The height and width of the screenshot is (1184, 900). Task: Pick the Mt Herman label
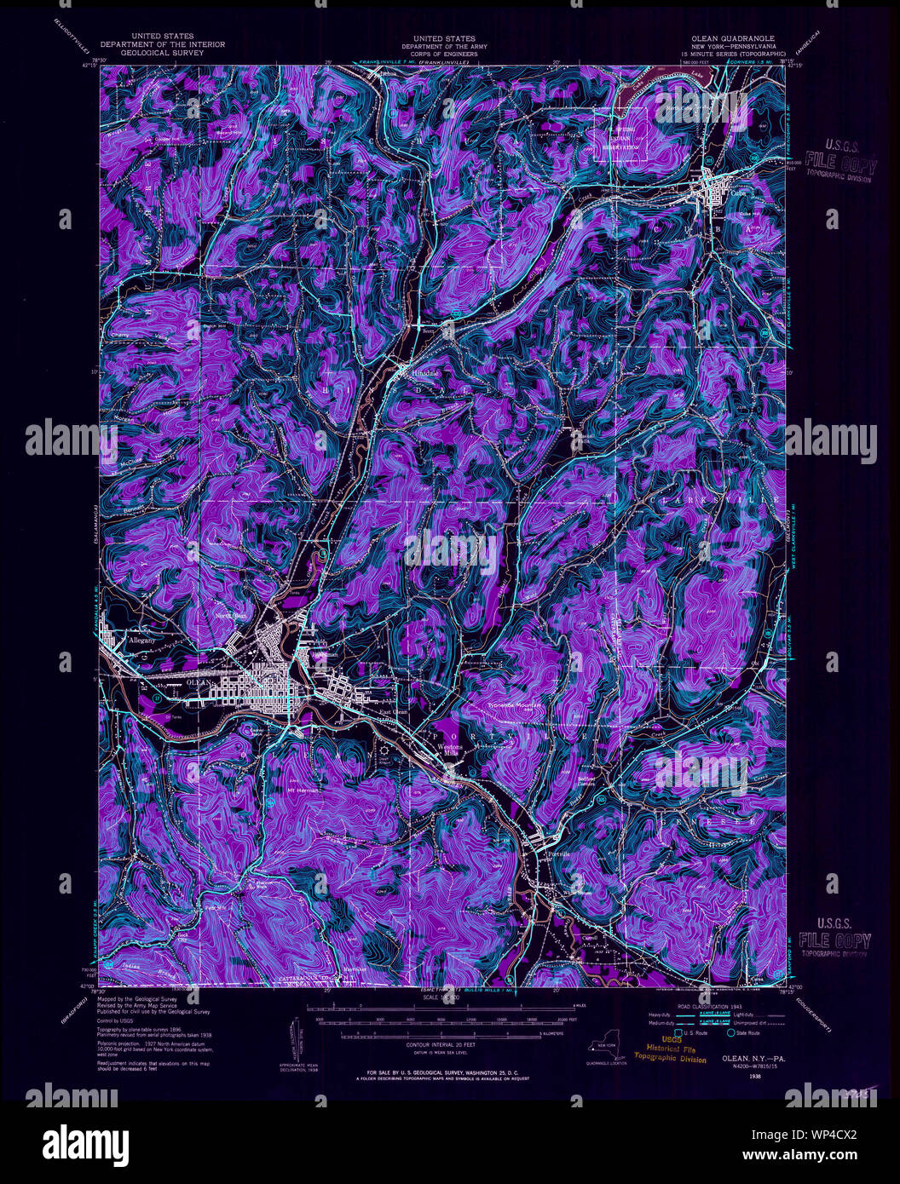(x=303, y=790)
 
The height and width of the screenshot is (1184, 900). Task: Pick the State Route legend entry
(x=747, y=1032)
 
